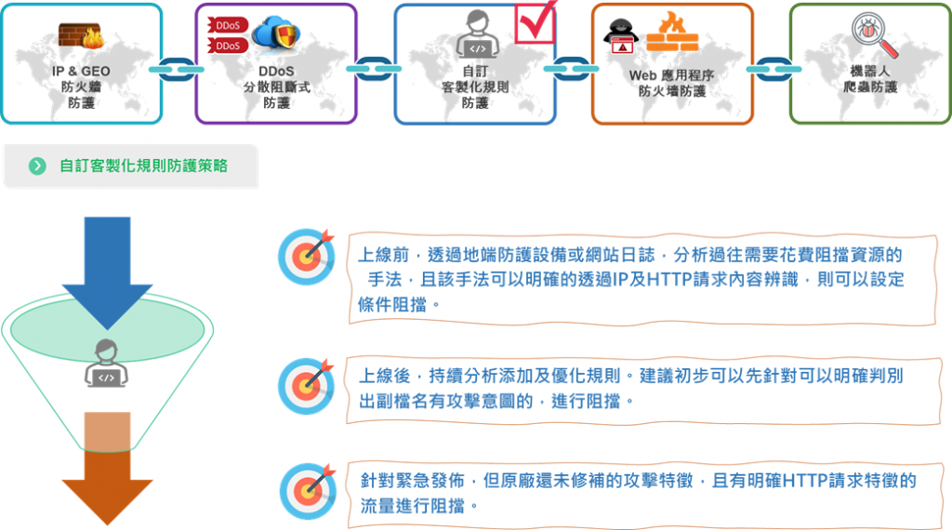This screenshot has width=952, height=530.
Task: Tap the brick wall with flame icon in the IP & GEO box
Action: tap(81, 35)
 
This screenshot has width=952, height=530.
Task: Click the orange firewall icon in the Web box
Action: tap(673, 33)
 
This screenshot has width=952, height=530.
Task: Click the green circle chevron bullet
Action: tap(37, 166)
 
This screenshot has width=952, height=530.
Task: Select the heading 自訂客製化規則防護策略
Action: tap(143, 166)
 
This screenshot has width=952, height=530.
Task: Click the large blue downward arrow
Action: tap(107, 270)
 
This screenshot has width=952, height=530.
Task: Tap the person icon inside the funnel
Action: tap(107, 363)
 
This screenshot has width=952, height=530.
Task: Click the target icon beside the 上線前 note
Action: tap(307, 256)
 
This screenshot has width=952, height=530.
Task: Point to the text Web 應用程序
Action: tap(671, 74)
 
